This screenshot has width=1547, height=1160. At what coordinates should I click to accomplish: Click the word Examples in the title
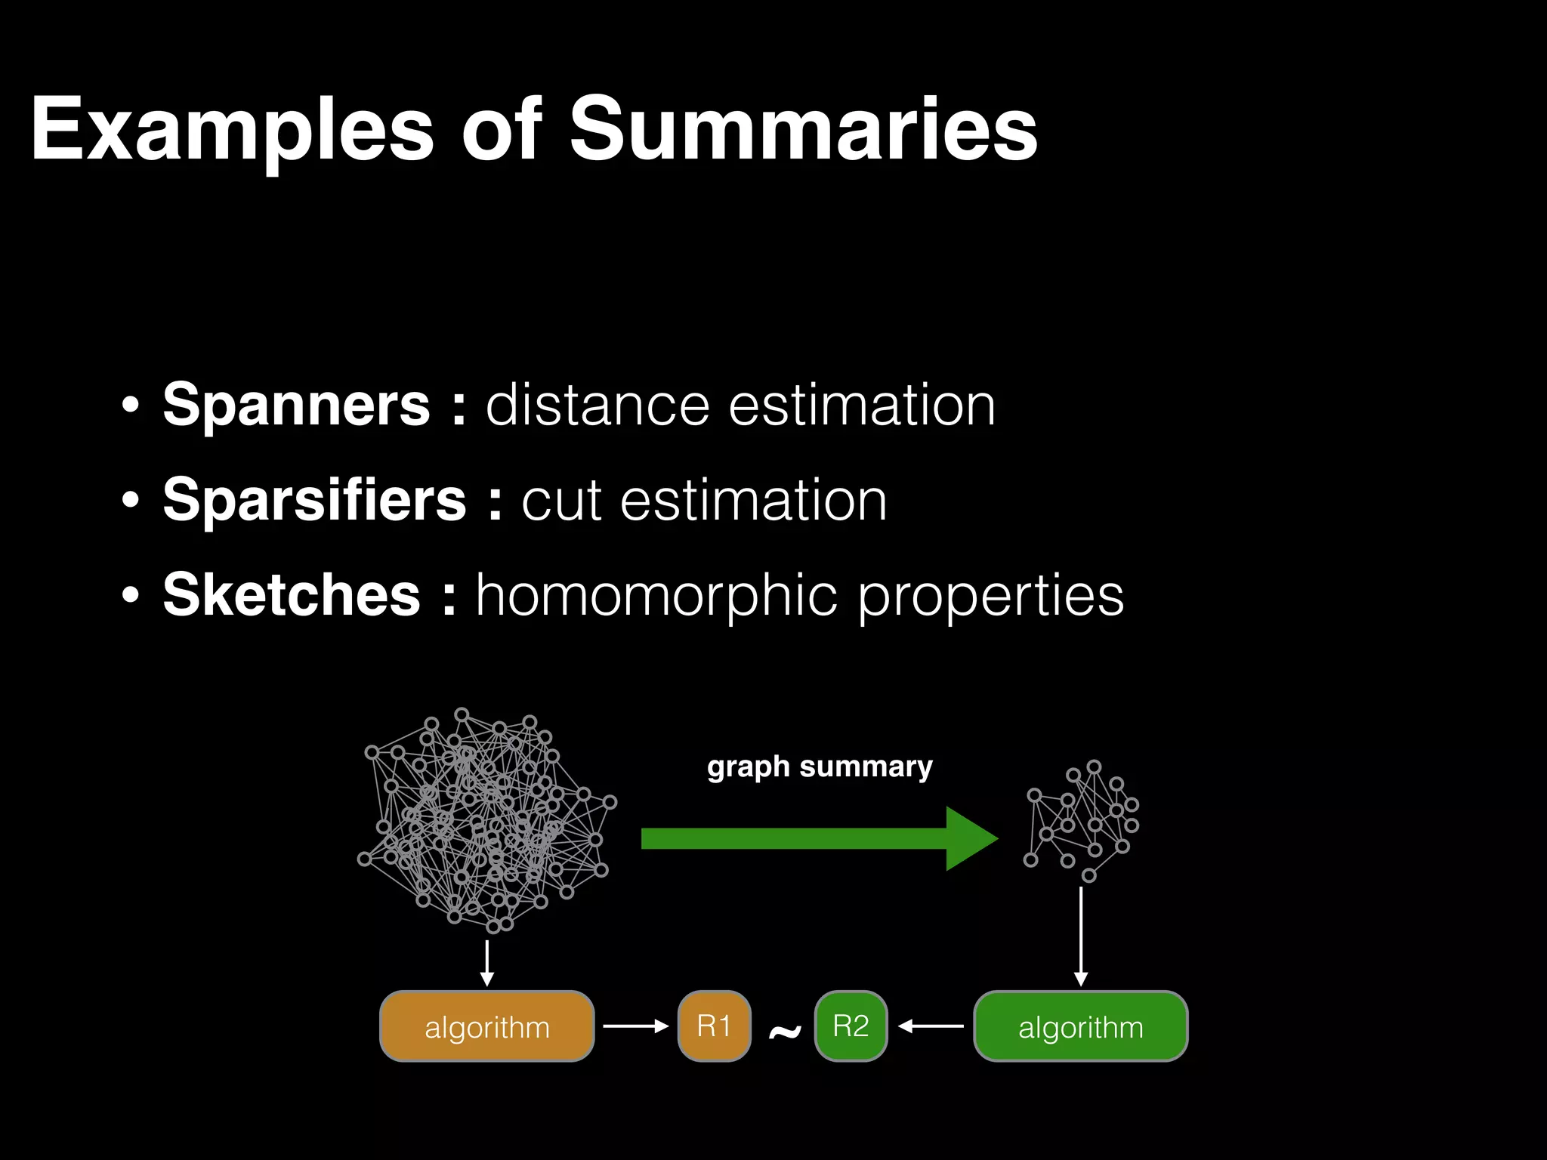point(231,130)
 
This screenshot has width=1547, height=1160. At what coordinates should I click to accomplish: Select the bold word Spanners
point(296,405)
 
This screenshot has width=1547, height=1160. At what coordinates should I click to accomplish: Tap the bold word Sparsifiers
point(315,500)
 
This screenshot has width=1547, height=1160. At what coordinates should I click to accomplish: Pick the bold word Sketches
point(292,595)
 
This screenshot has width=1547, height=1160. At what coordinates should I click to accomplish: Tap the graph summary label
point(820,767)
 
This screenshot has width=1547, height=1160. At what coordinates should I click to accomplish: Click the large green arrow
point(819,838)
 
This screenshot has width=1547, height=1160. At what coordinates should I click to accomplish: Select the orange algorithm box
point(486,1026)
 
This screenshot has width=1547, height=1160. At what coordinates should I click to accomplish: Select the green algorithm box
point(1080,1026)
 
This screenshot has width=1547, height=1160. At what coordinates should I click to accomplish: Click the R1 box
point(714,1026)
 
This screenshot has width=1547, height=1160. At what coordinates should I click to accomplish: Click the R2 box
point(851,1026)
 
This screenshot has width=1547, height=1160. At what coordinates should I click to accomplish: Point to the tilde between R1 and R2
point(784,1032)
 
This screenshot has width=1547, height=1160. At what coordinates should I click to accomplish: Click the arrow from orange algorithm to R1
point(635,1026)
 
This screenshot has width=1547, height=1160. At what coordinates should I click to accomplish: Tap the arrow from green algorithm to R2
point(931,1026)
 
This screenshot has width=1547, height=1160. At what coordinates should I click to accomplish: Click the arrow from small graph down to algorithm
point(1081,936)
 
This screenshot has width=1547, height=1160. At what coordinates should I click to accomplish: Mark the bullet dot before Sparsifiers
point(131,500)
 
